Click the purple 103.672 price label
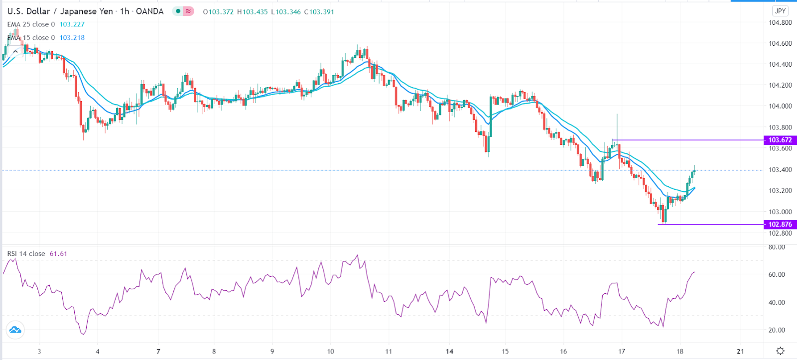pyautogui.click(x=780, y=140)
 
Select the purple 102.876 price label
pyautogui.click(x=780, y=225)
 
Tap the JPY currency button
pyautogui.click(x=780, y=11)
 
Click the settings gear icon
pyautogui.click(x=780, y=351)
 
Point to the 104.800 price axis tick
pyautogui.click(x=780, y=22)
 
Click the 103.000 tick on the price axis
pyautogui.click(x=780, y=212)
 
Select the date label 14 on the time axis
pyautogui.click(x=449, y=352)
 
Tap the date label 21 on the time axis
pyautogui.click(x=740, y=352)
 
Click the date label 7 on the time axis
pyautogui.click(x=158, y=352)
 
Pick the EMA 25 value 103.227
pyautogui.click(x=72, y=24)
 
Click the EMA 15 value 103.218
pyautogui.click(x=72, y=38)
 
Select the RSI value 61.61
pyautogui.click(x=58, y=254)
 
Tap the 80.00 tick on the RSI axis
pyautogui.click(x=777, y=247)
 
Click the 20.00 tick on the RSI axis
pyautogui.click(x=777, y=330)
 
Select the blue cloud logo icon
pyautogui.click(x=15, y=330)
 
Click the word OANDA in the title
pyautogui.click(x=149, y=11)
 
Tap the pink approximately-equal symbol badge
pyautogui.click(x=188, y=11)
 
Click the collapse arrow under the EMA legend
pyautogui.click(x=15, y=51)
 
